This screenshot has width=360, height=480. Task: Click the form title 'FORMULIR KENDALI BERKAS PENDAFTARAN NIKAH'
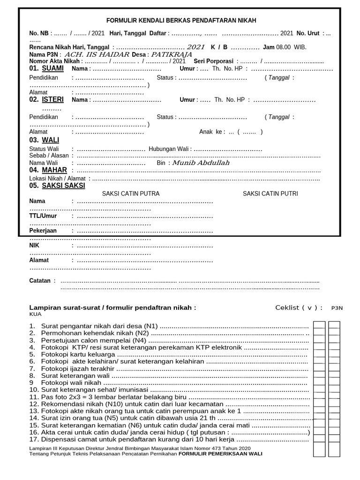pos(181,21)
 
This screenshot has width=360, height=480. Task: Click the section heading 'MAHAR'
pos(54,170)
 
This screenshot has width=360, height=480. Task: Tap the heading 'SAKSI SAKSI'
pos(63,186)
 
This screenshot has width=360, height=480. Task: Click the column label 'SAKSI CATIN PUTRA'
pos(131,194)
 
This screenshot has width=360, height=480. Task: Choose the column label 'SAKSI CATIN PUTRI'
pos(270,194)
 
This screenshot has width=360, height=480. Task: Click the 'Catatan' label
pos(40,281)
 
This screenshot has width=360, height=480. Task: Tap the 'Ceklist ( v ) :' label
pos(299,307)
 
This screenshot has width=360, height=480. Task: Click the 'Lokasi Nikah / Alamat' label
pos(58,179)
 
